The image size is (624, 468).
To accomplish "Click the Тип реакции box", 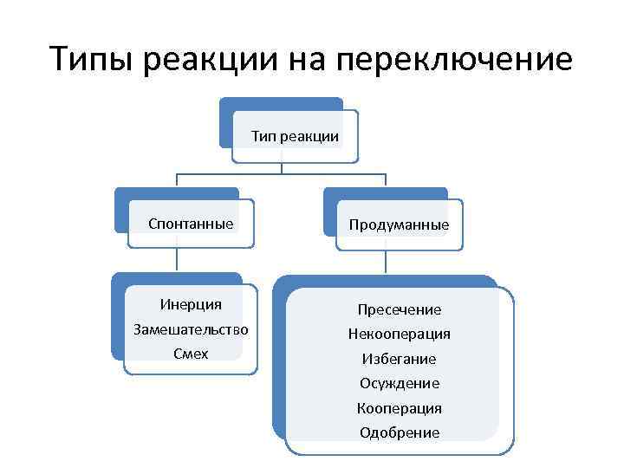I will click(295, 136).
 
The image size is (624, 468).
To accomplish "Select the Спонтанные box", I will click(191, 224).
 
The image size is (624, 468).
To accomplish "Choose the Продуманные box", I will click(399, 225).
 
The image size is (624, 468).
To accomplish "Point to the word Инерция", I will click(191, 304).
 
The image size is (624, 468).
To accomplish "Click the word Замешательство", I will click(191, 329).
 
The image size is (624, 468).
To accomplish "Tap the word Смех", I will click(191, 354).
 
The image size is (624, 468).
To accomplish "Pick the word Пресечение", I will click(400, 309).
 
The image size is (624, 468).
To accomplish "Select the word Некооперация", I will click(400, 334).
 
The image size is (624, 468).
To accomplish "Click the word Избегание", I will click(400, 359).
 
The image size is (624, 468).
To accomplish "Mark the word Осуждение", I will click(400, 383).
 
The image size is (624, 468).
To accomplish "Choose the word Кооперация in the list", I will click(400, 407).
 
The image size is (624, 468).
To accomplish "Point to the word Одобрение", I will click(400, 432).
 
